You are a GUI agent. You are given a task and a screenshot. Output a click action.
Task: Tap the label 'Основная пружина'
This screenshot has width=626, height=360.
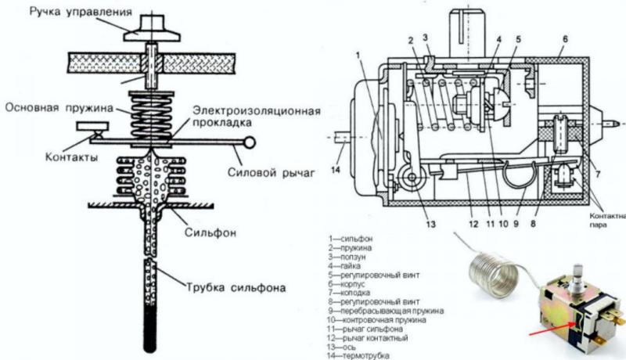coord(53,107)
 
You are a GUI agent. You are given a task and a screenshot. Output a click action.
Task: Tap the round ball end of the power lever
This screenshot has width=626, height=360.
coord(250,142)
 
